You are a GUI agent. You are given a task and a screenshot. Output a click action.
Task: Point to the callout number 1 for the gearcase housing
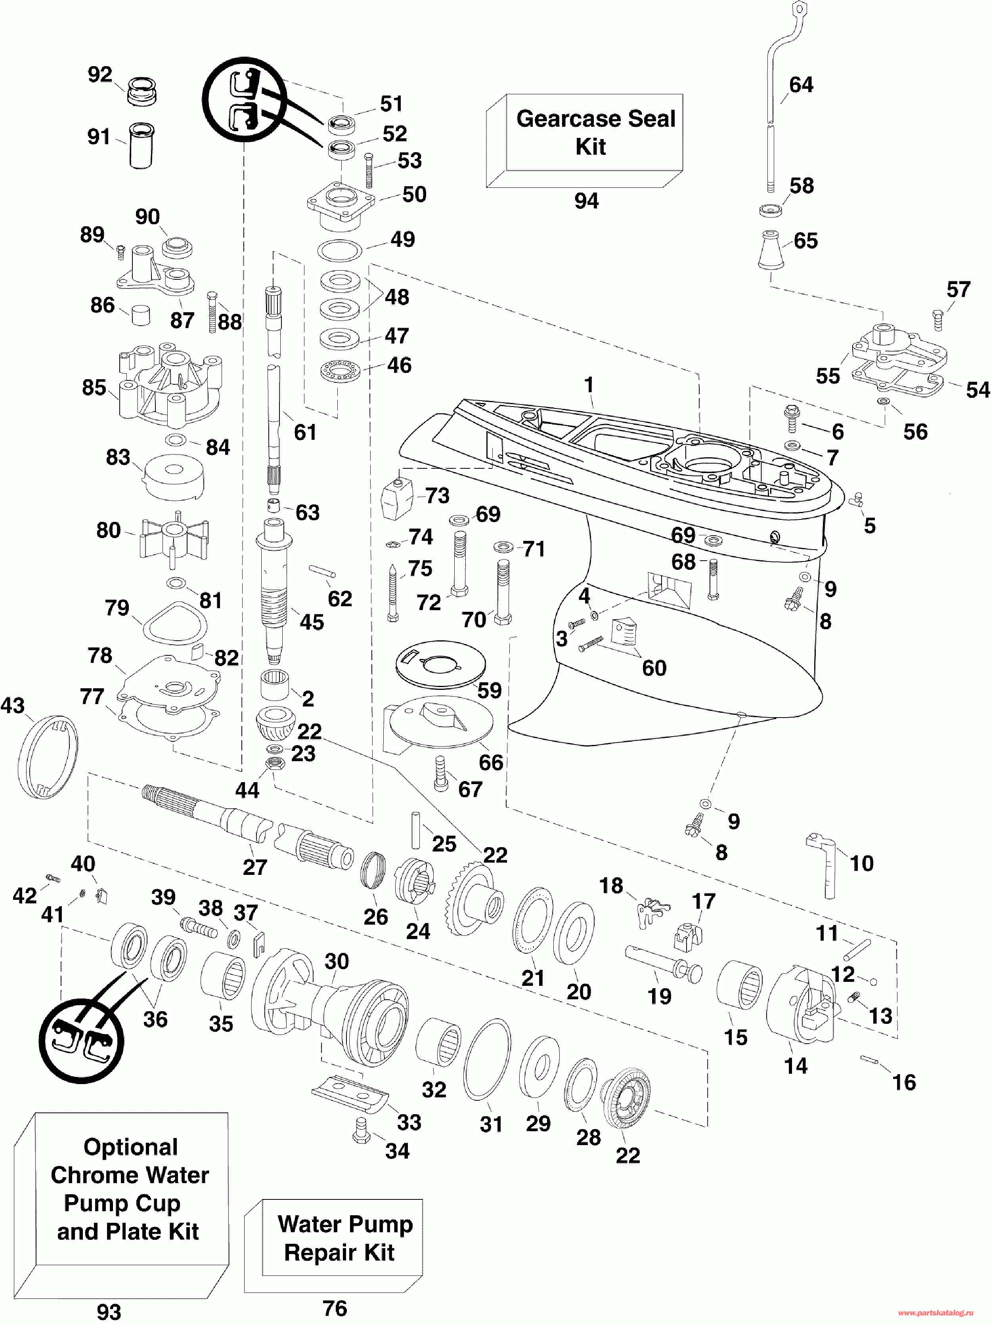point(589,385)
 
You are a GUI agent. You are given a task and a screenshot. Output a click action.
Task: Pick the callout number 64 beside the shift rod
point(801,85)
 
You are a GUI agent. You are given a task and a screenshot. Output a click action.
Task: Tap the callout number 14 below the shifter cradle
point(796,1065)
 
